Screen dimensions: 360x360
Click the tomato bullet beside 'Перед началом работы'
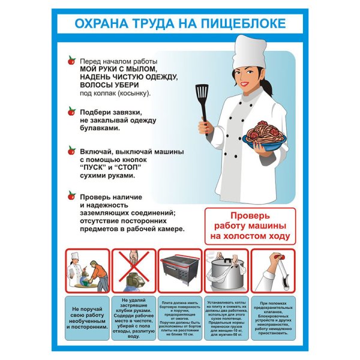coord(71,61)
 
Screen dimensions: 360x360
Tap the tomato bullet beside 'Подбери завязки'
coord(71,110)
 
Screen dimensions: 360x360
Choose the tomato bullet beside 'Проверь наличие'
coord(71,195)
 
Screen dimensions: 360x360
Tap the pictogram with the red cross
coord(134,270)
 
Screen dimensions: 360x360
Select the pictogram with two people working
coord(88,270)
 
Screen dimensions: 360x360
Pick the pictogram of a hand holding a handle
coord(273,270)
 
